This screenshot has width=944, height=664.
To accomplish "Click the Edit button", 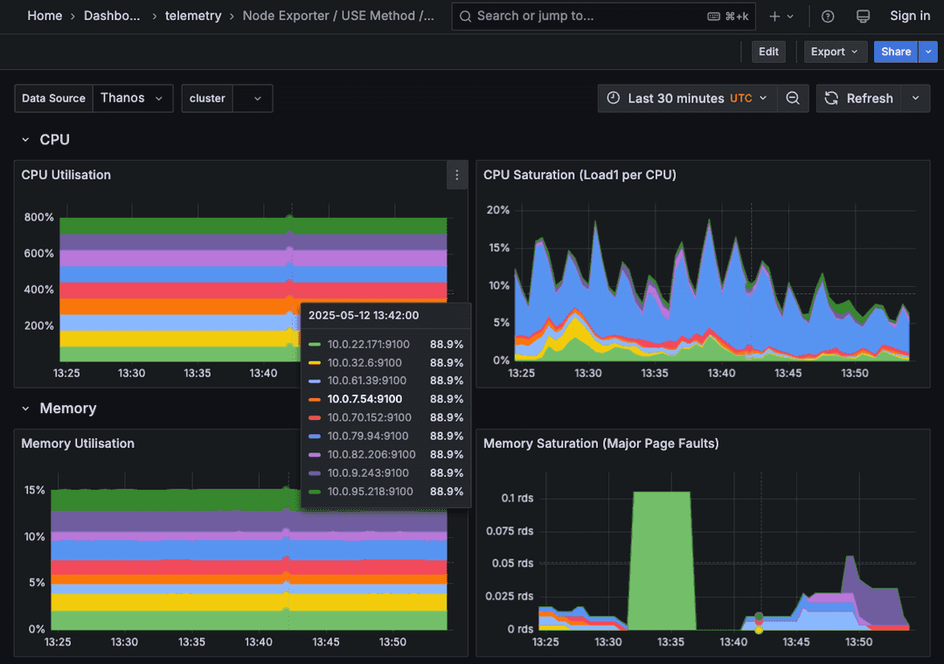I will [x=768, y=52].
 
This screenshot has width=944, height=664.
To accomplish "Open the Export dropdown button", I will [x=835, y=52].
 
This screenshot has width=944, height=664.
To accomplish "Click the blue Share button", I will [x=895, y=52].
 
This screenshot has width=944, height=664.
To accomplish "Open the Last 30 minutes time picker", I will [x=688, y=98].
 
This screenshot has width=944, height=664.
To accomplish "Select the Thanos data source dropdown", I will [x=131, y=98].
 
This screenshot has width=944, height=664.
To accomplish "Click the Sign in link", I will [x=909, y=16].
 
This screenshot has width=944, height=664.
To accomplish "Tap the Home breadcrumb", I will [x=45, y=16].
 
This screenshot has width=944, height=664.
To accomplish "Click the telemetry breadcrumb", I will [x=193, y=16].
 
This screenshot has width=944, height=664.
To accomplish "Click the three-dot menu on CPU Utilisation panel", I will [x=456, y=175].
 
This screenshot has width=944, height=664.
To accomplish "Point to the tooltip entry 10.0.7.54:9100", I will [x=366, y=399].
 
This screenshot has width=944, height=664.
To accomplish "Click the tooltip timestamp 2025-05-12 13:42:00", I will [x=364, y=315].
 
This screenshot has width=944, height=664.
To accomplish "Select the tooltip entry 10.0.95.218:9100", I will [x=370, y=491].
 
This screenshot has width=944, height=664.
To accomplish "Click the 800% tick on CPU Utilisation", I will [x=38, y=217].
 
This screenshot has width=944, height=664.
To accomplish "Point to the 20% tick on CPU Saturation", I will [x=498, y=210].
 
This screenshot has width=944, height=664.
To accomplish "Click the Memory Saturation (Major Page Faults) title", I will [x=600, y=444].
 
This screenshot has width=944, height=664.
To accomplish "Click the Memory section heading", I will [x=67, y=409].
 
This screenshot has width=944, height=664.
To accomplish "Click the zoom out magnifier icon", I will [x=792, y=98].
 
